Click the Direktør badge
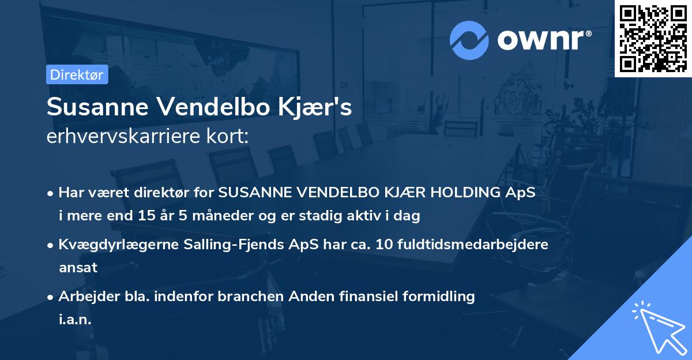coord(77,74)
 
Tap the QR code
coord(653,38)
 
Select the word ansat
coord(78,268)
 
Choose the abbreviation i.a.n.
coord(75,320)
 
